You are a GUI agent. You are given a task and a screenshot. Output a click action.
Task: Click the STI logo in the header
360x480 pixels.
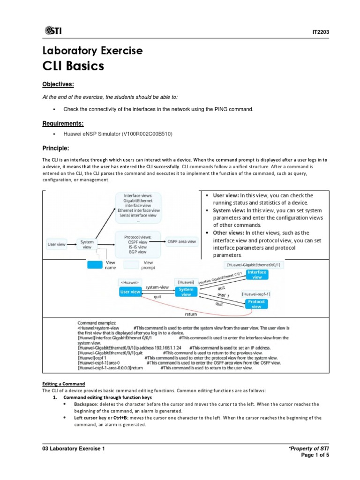53,30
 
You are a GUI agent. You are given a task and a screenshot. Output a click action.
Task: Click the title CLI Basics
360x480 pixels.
73,66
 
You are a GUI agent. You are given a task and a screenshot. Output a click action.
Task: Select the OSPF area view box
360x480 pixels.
182,241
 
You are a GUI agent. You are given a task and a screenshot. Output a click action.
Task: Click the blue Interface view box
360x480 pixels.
257,275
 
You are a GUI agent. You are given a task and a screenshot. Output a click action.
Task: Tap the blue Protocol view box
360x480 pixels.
257,304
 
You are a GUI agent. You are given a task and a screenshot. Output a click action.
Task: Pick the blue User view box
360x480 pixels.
130,292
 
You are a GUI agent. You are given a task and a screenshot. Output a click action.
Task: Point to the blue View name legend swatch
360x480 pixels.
94,265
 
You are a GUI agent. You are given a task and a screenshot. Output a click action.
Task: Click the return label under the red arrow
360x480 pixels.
190,314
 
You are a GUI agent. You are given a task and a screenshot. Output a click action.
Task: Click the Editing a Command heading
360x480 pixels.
63,383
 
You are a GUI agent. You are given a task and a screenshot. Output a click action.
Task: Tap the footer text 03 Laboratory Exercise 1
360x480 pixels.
74,449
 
